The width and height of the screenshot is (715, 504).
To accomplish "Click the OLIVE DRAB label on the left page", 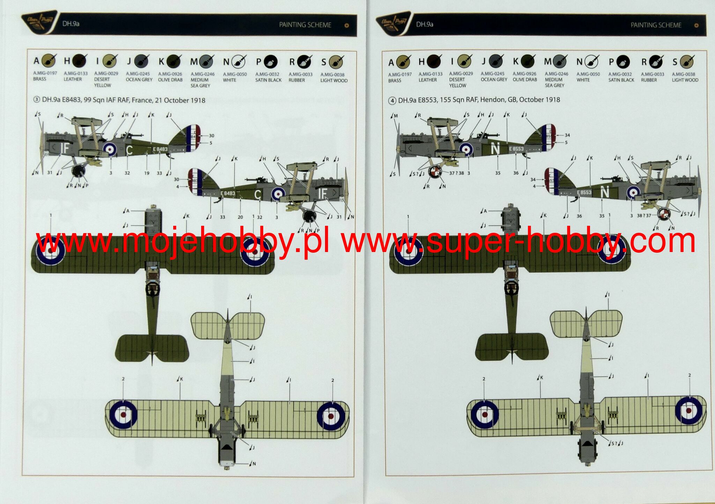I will coord(170,80).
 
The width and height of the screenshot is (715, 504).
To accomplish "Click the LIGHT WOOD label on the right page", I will coord(685,80).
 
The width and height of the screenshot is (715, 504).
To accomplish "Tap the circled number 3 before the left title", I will coord(37,100).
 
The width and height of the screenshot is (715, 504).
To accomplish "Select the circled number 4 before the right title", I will coord(392,101).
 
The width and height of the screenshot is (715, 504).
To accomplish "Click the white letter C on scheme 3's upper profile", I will coord(129,150).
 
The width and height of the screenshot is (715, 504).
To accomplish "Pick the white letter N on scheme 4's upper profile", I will coord(495,149).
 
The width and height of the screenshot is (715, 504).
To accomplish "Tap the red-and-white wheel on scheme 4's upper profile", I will coord(435,171).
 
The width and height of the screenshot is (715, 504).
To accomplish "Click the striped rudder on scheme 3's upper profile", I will coord(193,138).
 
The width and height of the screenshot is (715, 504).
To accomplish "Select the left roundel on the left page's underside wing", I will coord(123,415).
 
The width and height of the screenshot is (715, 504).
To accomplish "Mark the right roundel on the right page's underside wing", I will coord(688,410).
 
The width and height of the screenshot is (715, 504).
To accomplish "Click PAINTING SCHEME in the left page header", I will coord(305,25).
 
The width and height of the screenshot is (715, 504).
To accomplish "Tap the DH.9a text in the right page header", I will coord(425,24).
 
